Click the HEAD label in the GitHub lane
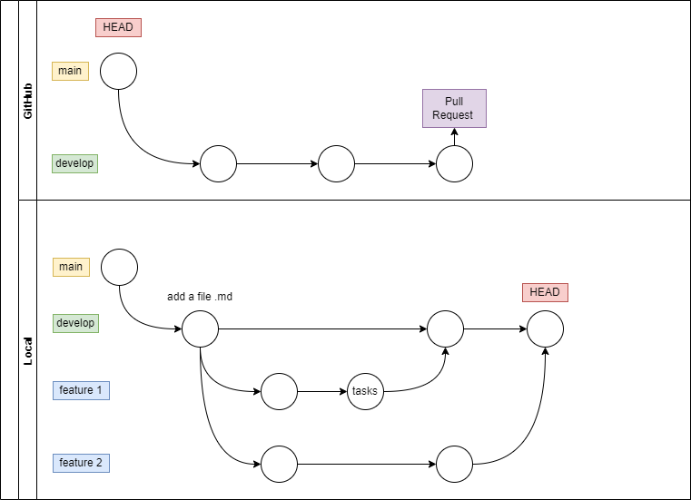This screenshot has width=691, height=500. pos(118,27)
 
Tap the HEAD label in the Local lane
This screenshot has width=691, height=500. pos(545,292)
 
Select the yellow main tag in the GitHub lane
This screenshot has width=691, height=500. pos(70,71)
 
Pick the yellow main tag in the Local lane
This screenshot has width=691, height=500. pos(71,267)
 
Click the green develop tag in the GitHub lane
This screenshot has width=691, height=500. pos(74,163)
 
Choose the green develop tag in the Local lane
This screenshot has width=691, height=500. pos(75,323)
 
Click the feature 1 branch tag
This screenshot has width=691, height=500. pos(82,390)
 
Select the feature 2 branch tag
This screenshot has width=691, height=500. pos(82,463)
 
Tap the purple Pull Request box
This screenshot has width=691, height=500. pos(454,108)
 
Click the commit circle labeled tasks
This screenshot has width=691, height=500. pos(364,392)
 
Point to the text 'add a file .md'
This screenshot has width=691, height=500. pos(201,297)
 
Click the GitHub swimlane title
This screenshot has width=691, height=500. pos(27,100)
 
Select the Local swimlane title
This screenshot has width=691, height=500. pos(27,349)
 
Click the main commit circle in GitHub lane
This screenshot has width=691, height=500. pos(118,71)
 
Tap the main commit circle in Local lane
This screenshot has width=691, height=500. pos(119,267)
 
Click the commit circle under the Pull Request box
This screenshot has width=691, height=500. pos(454,164)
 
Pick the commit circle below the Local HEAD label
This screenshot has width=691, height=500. pos(545,328)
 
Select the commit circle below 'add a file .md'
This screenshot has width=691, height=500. pos(200,328)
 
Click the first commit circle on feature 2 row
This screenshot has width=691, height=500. pos(279,465)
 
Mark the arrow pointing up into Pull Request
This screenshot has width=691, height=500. pos(454,137)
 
